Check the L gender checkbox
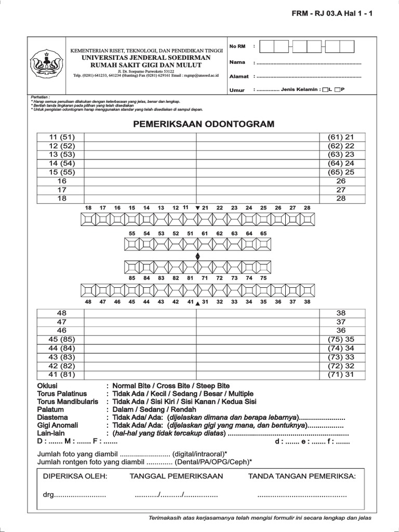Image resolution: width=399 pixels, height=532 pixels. (326, 90)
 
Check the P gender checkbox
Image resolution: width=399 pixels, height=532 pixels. (338, 90)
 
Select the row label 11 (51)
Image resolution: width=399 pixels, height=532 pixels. (61, 137)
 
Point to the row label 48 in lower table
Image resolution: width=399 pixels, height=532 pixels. (61, 313)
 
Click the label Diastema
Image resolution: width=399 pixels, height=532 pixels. (52, 417)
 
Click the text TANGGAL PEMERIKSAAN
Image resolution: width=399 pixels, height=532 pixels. (176, 476)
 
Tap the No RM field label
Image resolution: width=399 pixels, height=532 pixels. (237, 47)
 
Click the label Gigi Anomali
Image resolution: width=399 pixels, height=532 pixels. (58, 425)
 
